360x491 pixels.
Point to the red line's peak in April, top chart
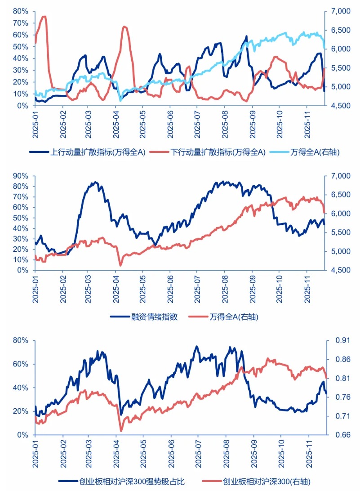[x=124, y=27]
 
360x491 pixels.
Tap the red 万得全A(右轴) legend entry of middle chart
[x=234, y=317]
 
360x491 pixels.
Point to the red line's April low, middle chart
[x=120, y=265]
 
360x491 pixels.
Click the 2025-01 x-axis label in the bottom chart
[x=36, y=455]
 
